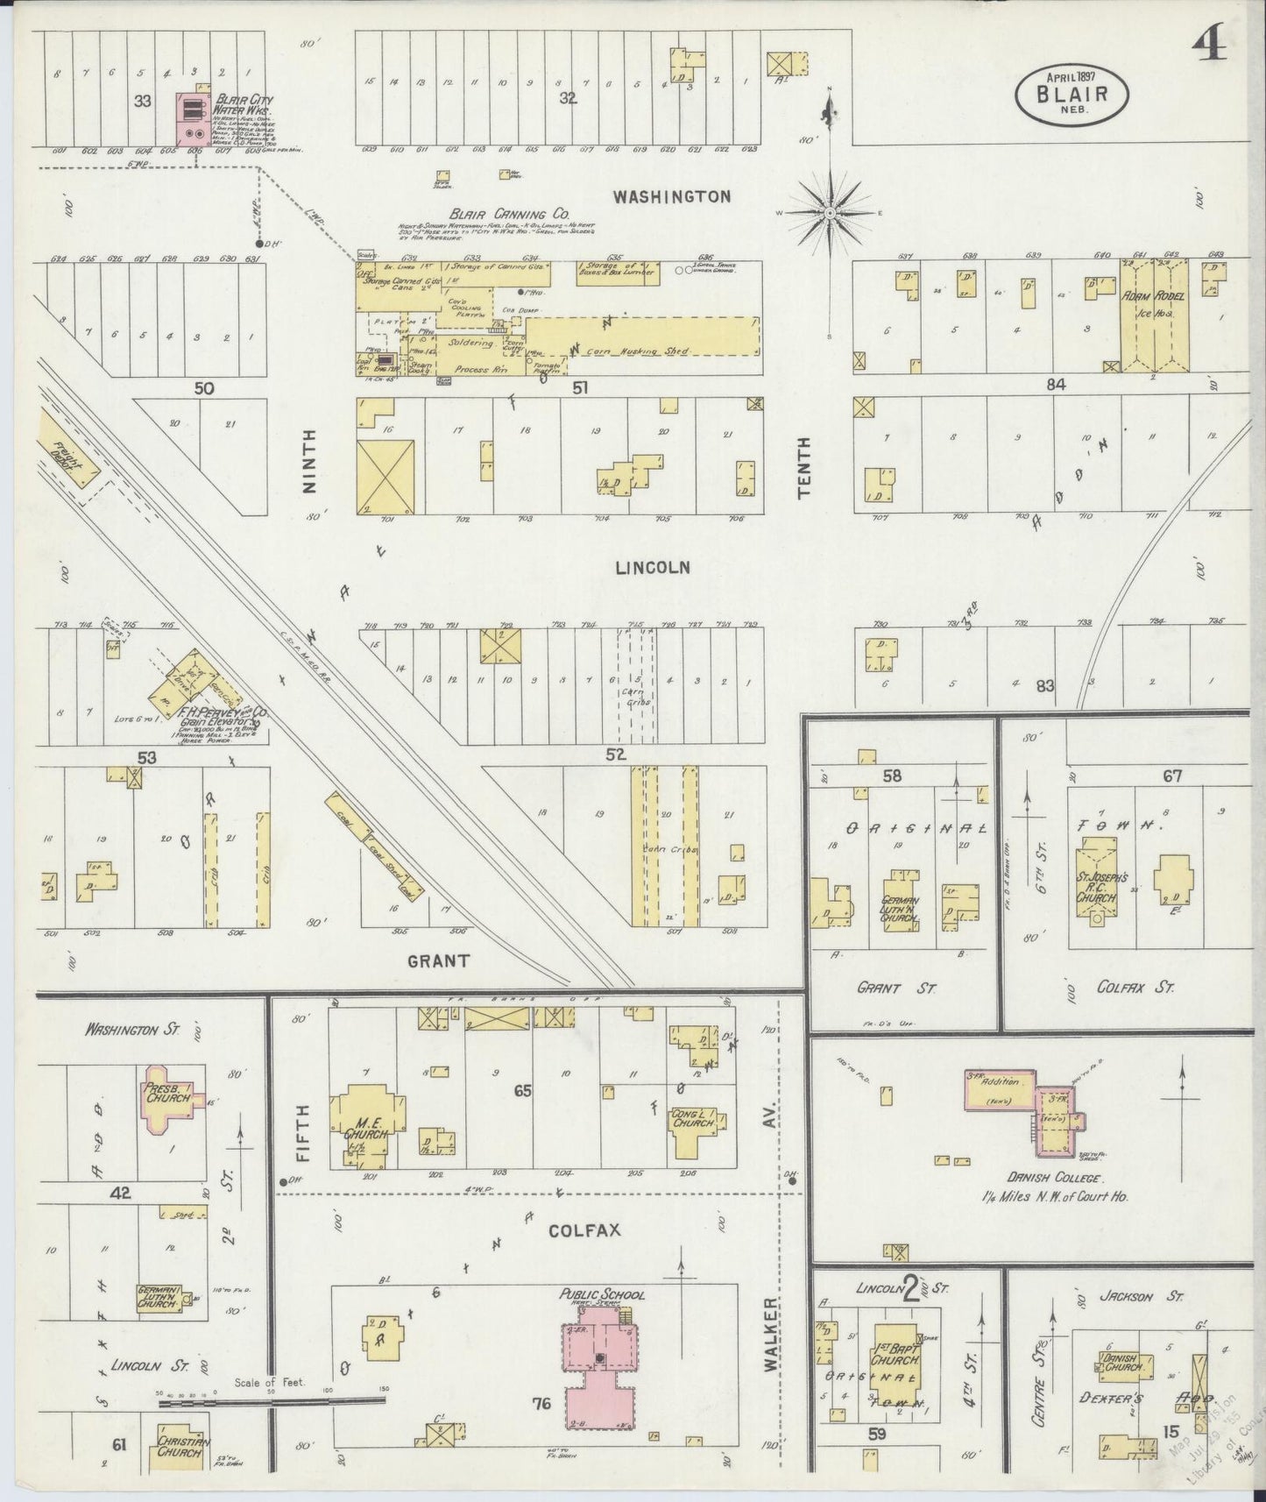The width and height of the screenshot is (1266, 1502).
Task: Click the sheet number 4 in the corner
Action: coord(1211,41)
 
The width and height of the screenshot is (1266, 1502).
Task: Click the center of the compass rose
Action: coord(829,213)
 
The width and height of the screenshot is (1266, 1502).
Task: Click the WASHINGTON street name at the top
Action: coord(671,196)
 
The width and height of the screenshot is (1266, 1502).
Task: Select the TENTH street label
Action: coord(804,469)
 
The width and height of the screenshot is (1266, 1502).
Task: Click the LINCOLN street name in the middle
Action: coord(652,568)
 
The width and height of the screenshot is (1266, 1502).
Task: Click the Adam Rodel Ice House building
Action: coord(1156,316)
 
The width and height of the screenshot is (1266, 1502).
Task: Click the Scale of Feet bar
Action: coord(272,1400)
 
